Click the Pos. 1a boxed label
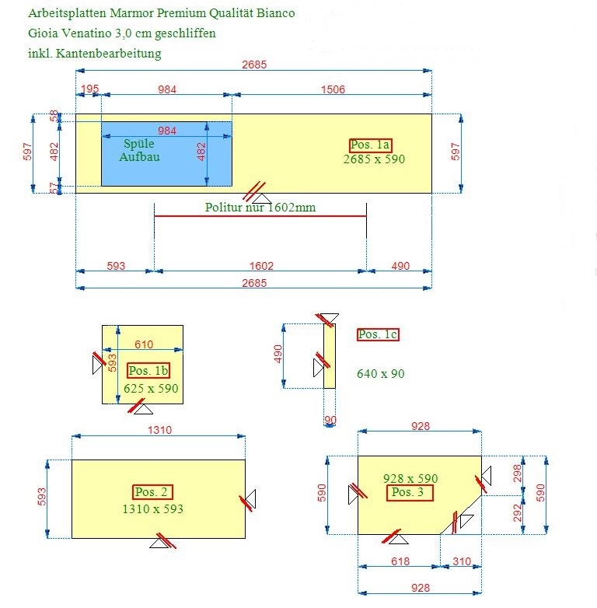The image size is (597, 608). coord(370,145)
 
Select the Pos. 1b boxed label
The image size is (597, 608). coord(148,370)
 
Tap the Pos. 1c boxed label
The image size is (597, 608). coord(378,334)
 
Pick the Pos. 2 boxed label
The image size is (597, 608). coord(152,492)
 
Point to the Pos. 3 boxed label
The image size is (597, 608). coord(410,492)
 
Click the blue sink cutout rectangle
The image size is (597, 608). coord(166,154)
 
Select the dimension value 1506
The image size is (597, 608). coord(333,89)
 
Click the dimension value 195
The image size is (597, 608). coord(90,89)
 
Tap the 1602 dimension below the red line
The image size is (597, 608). coord(261,266)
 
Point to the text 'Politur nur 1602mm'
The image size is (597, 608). coord(260,207)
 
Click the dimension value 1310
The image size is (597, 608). coord(159,430)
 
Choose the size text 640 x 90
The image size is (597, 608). coord(381,374)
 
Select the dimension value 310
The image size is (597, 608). coord(462,561)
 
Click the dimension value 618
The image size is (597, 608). coord(400,561)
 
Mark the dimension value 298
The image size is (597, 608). coord(518,473)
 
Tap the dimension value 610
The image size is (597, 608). coord(144,344)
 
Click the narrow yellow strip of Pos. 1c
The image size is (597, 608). coord(330,356)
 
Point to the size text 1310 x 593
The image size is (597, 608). coord(152,508)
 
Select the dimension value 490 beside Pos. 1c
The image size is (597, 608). coord(278,354)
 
